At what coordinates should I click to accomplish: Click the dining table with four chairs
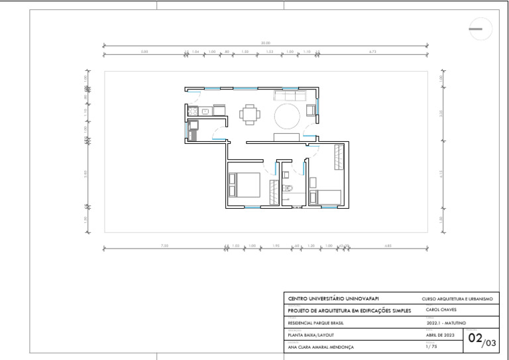(249, 115)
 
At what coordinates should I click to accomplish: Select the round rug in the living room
(288, 117)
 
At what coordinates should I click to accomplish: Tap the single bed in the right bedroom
(328, 197)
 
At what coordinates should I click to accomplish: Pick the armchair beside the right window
(310, 109)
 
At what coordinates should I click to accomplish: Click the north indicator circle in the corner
(479, 29)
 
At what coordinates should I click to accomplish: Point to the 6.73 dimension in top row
(372, 51)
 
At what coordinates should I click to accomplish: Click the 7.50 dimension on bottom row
(164, 246)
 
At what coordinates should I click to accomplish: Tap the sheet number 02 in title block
(475, 338)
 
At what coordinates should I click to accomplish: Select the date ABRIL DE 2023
(441, 335)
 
